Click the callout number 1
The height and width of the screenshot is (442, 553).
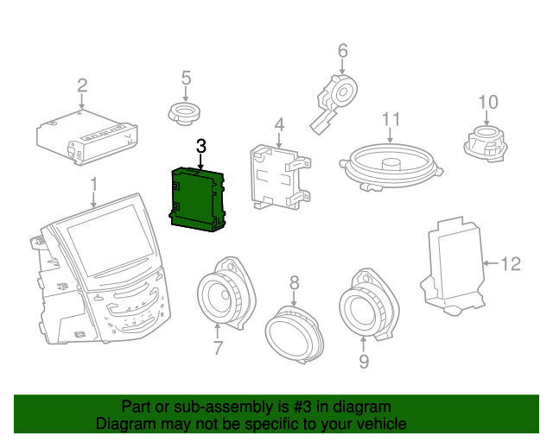94,184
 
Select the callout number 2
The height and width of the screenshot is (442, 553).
82,85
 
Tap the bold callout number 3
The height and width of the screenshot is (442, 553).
201,147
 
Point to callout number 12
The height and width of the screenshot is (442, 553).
512,263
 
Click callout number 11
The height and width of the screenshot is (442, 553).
391,120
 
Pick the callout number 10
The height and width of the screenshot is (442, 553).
488,103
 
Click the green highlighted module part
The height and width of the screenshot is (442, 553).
198,199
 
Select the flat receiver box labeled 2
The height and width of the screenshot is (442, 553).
85,136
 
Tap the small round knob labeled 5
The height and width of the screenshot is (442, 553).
184,112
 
